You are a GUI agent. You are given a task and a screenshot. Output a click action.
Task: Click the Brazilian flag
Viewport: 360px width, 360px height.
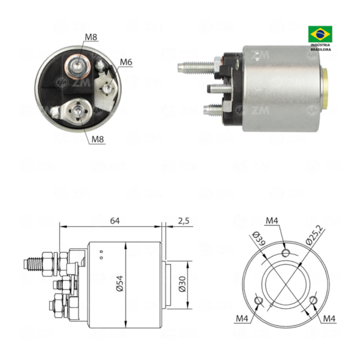coord(320,34)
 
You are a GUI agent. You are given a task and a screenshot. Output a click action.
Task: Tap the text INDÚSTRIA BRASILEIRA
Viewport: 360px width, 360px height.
coord(320,47)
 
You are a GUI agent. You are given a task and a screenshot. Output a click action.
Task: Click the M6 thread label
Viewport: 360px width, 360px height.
coord(126,62)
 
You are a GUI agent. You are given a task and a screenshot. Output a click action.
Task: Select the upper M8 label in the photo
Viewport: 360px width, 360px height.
coord(91,37)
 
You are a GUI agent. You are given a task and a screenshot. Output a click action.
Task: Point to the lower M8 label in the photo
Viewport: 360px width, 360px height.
coord(98,139)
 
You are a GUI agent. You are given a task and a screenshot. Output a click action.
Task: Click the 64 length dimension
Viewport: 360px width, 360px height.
coord(115,221)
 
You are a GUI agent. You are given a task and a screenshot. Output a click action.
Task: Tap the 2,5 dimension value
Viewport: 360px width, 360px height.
coord(184,221)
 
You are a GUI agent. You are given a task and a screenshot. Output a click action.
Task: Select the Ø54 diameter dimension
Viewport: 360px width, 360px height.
coord(120,284)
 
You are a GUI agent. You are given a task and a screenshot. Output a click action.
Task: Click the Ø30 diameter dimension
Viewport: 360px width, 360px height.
coord(182,284)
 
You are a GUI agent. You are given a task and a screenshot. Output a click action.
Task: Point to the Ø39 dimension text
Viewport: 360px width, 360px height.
coord(259,239)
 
